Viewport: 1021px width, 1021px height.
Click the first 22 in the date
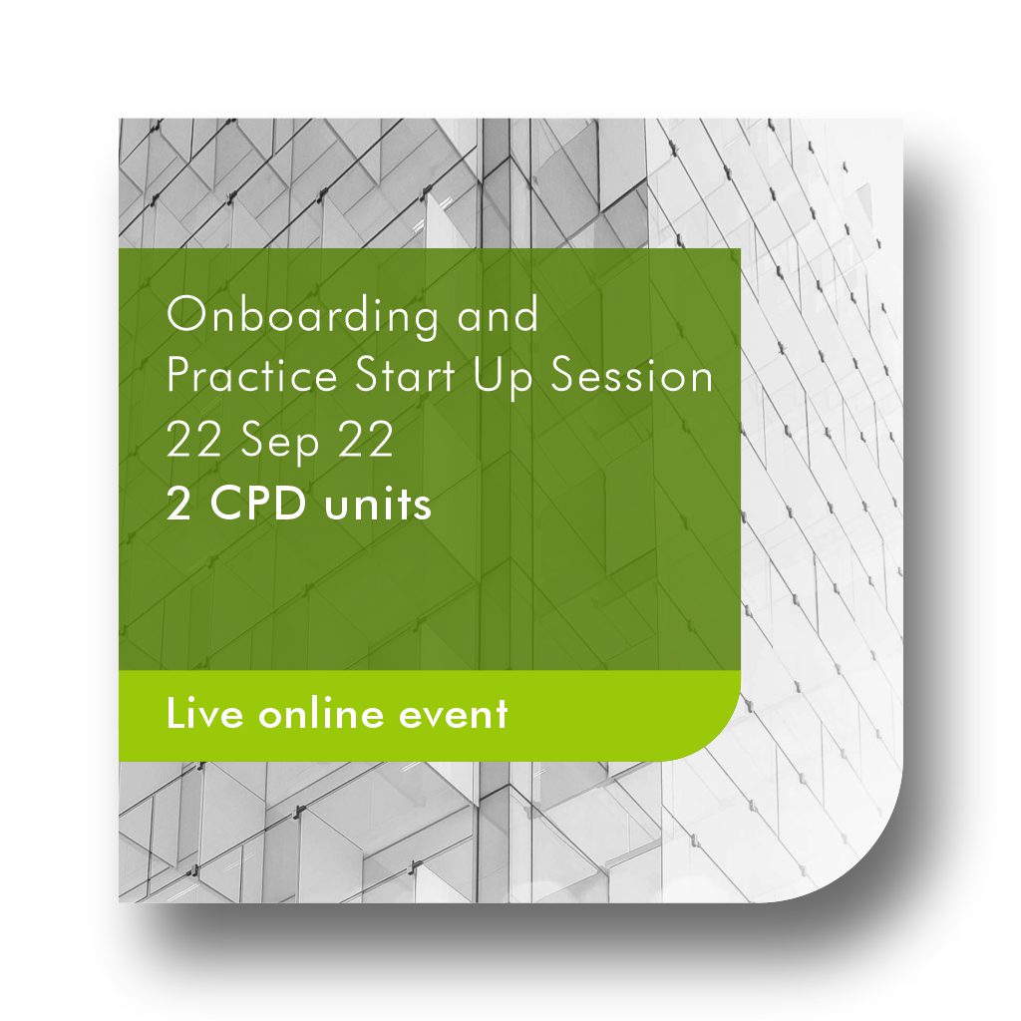(192, 442)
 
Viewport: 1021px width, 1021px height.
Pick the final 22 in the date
(367, 442)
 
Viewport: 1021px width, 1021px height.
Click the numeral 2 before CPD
(178, 505)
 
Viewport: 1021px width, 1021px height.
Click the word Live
(202, 713)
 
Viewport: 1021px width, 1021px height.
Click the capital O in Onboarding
(184, 316)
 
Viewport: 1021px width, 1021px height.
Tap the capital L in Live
(174, 713)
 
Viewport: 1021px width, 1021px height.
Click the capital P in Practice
(176, 379)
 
